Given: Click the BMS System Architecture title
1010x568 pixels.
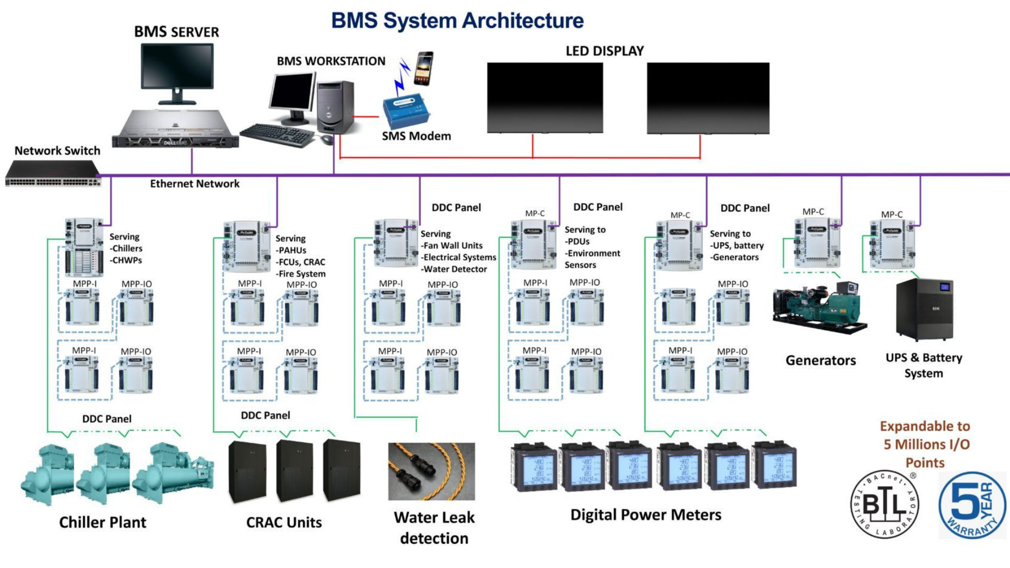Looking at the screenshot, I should (457, 21).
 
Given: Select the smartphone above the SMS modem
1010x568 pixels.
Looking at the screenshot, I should (424, 68).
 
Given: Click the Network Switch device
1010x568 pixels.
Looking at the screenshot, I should (53, 174).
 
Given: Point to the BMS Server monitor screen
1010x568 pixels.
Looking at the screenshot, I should (177, 67).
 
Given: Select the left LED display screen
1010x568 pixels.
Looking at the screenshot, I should (545, 97).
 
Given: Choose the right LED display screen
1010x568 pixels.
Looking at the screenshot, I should (708, 98).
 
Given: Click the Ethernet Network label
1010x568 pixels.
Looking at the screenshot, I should (195, 184).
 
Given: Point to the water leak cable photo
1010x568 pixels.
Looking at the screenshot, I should (431, 471).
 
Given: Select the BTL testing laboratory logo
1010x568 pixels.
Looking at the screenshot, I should (885, 504).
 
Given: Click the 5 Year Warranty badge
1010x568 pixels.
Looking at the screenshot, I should (972, 505).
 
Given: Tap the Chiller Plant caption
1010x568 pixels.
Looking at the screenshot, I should (103, 522).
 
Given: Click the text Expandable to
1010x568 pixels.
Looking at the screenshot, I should (925, 426).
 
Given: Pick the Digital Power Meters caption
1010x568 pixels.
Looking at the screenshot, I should (646, 515).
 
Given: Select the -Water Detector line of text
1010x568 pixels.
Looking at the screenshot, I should (454, 269).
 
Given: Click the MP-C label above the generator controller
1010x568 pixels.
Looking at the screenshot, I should (813, 211).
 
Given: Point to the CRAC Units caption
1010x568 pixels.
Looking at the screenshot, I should (284, 522).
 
